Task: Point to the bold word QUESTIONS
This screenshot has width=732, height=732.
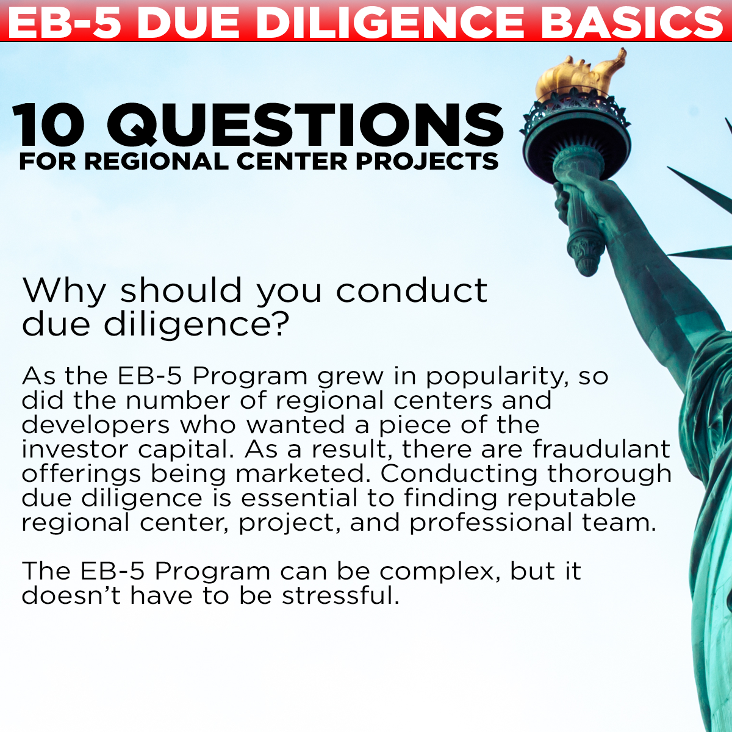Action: click(x=305, y=125)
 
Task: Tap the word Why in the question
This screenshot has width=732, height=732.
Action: click(x=63, y=291)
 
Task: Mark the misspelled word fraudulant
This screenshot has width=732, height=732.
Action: click(x=601, y=449)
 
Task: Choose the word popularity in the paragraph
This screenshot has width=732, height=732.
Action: click(x=495, y=377)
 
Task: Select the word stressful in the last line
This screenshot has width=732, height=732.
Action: click(x=340, y=595)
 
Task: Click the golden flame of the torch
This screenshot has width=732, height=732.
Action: click(x=579, y=73)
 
